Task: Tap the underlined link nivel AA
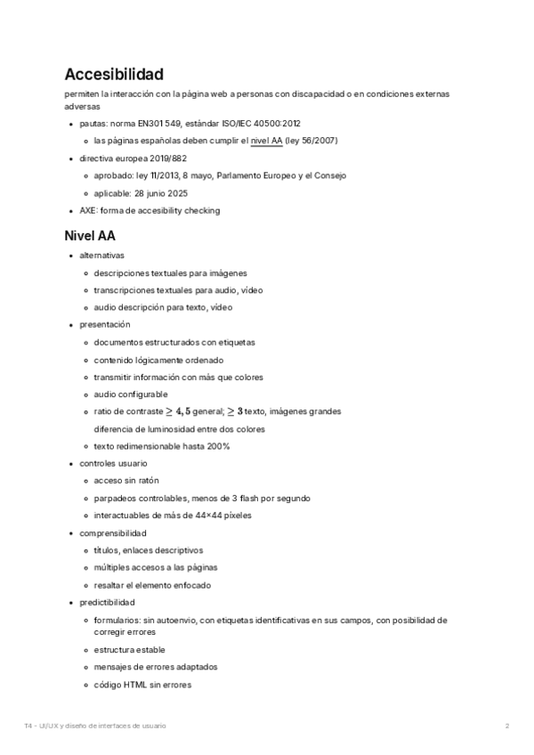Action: coord(267,141)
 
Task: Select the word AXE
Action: coord(88,211)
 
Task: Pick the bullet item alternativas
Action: coord(101,256)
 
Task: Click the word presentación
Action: coord(104,325)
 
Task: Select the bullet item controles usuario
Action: coord(113,464)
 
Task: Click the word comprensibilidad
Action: coord(113,533)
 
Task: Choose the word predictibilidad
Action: coord(108,603)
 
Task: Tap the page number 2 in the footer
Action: coord(507,726)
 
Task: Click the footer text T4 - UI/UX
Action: coord(44,726)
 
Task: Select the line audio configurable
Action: coord(131,394)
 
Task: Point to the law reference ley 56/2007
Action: coord(311,141)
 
